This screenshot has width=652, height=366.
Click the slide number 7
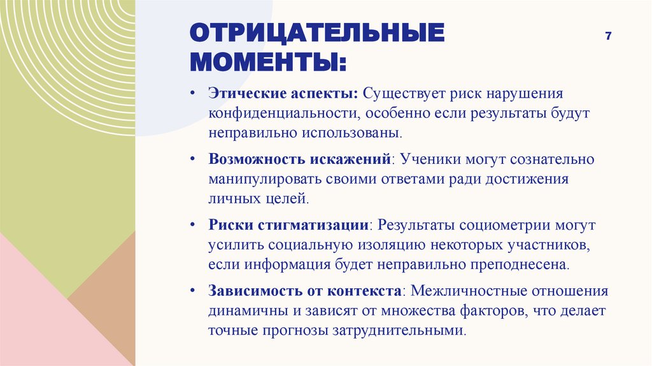pos(609,36)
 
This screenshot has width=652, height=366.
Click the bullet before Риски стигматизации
pos(192,225)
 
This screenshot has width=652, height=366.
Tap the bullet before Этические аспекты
pos(192,94)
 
